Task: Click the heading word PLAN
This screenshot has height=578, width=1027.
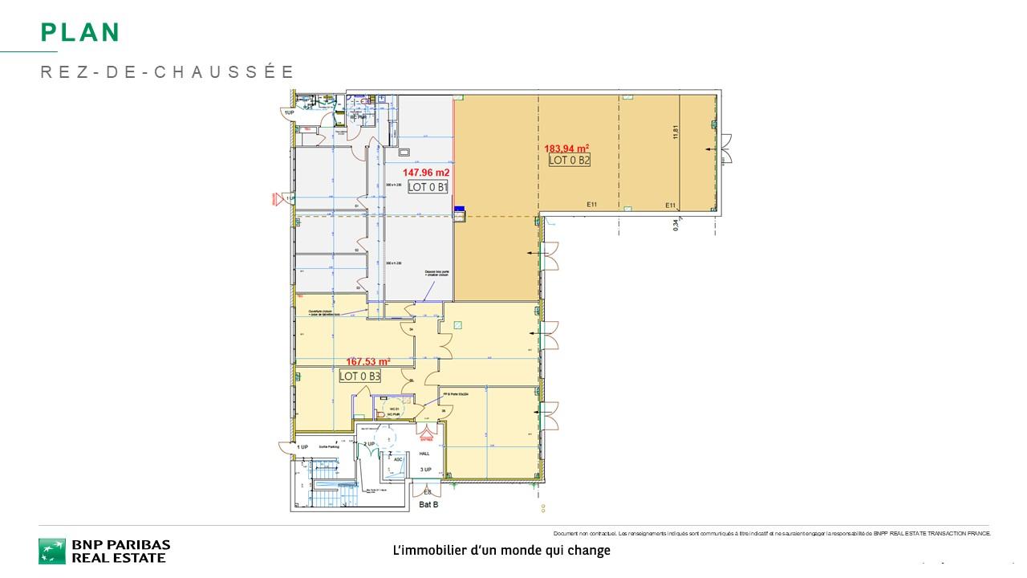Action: click(80, 32)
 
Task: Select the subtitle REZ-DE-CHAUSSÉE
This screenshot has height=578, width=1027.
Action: click(168, 72)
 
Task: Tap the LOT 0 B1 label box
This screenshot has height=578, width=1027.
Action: click(428, 187)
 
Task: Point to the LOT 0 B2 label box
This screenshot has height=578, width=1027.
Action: click(570, 160)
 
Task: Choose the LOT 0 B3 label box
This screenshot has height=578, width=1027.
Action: click(359, 376)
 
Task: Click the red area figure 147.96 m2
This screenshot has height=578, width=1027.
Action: click(426, 173)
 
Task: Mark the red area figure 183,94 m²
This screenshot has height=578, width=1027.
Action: click(567, 148)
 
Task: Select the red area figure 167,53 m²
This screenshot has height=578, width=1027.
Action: click(367, 362)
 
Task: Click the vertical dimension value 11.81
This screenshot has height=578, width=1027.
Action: click(676, 131)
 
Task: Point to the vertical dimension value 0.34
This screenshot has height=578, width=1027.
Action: click(676, 226)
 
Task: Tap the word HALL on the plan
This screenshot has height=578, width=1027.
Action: click(424, 454)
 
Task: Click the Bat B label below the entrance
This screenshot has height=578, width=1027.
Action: click(428, 505)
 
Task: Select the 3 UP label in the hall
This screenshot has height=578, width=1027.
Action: click(425, 470)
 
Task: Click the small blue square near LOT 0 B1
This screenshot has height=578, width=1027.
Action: click(460, 210)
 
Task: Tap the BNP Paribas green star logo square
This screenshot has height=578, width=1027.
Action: click(52, 552)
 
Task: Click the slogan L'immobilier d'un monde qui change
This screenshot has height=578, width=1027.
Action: click(501, 551)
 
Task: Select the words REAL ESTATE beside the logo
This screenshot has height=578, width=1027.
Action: click(119, 558)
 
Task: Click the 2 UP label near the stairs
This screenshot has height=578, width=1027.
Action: click(369, 444)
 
